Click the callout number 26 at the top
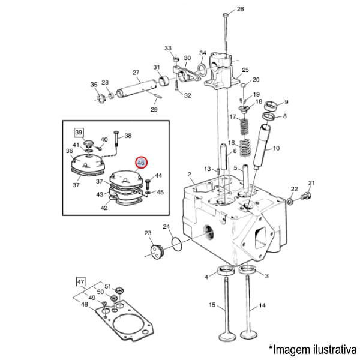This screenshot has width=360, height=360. (x=241, y=9)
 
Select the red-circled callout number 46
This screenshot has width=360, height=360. (x=142, y=163)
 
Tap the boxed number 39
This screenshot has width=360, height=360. (x=78, y=131)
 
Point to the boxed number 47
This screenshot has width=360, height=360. (x=81, y=280)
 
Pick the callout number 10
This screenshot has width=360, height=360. (x=277, y=148)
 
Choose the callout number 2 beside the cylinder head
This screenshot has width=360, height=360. (x=189, y=175)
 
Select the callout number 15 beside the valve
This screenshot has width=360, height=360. (x=212, y=305)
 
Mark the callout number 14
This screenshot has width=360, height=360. (x=262, y=305)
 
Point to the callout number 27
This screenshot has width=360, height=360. (x=136, y=72)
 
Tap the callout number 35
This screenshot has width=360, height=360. (x=94, y=84)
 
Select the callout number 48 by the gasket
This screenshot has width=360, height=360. (x=84, y=304)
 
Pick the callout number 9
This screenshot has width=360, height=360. (x=286, y=102)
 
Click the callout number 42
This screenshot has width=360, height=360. (x=104, y=208)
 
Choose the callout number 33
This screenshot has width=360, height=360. (x=168, y=48)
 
